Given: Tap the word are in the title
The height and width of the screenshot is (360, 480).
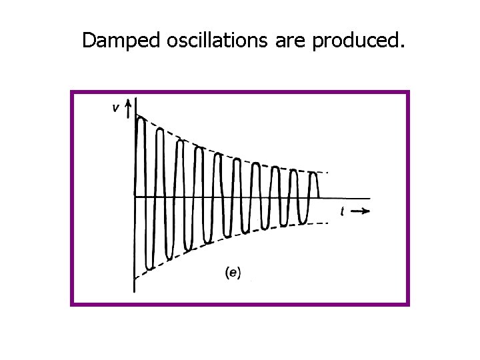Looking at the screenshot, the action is pos(290,41).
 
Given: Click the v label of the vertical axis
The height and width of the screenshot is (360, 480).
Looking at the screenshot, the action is pos(116,109).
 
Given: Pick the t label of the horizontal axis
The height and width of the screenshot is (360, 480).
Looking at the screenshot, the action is pos(342,211).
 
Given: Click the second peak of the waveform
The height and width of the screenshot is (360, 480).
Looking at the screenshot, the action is pos(160,130).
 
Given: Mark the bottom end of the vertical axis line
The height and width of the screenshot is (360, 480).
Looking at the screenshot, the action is pos(134,291).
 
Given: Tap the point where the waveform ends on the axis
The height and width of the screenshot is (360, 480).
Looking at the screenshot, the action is pos(319,197).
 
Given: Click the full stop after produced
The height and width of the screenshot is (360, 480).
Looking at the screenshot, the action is pos(401,47).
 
